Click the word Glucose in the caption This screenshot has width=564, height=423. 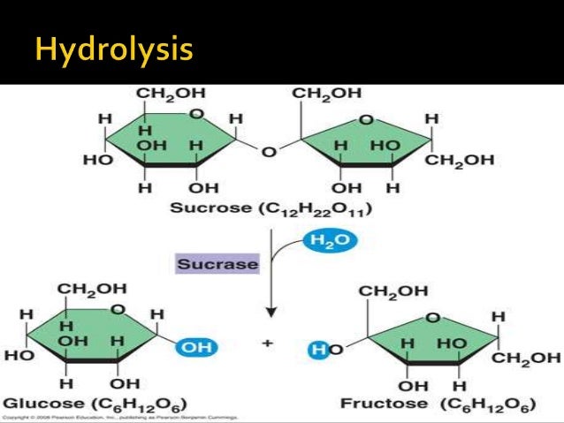[x=32, y=404]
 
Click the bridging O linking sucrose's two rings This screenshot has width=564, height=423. [x=270, y=153]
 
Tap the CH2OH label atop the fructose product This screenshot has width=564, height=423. [x=393, y=291]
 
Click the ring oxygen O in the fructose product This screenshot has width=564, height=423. [x=433, y=317]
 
